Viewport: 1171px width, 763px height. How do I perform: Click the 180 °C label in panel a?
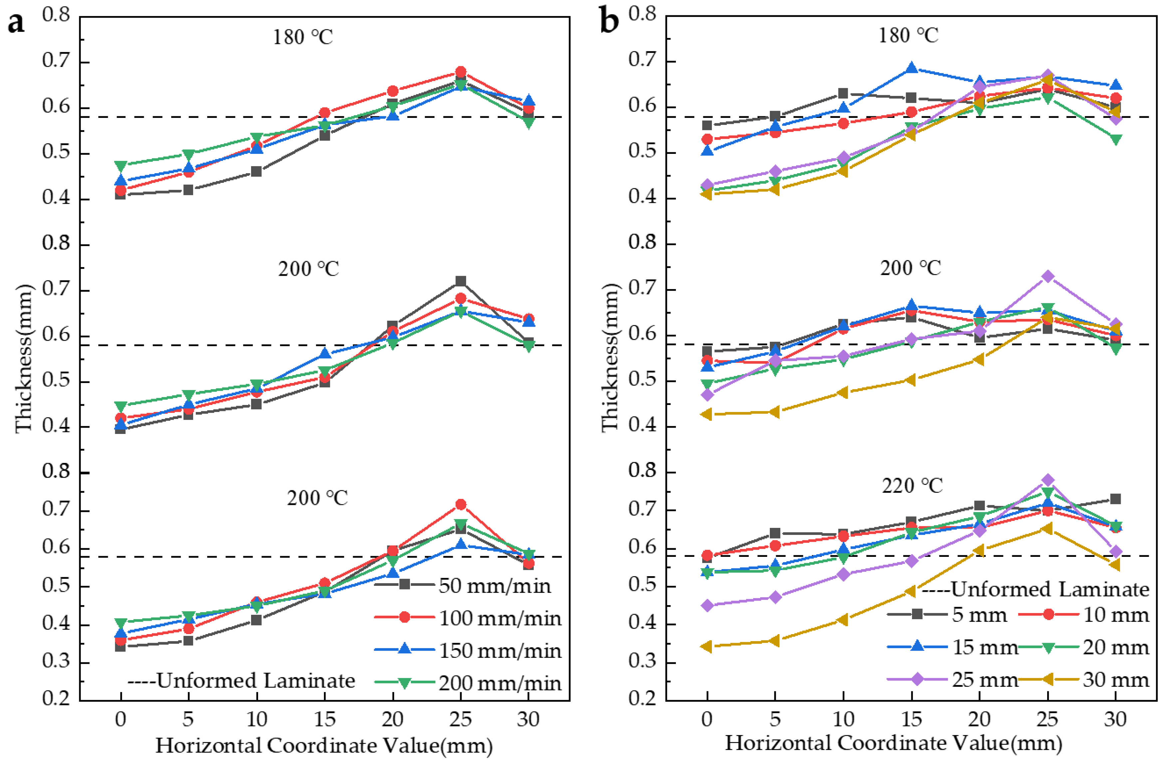pos(303,37)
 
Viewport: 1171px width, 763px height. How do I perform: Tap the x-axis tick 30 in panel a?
pos(528,720)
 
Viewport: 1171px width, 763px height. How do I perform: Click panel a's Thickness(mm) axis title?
pos(24,358)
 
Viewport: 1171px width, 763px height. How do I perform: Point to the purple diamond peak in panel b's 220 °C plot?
pos(1047,480)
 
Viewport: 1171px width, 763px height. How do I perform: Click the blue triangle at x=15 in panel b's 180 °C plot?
pos(911,68)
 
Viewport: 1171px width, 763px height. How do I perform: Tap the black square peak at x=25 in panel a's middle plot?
pos(460,281)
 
